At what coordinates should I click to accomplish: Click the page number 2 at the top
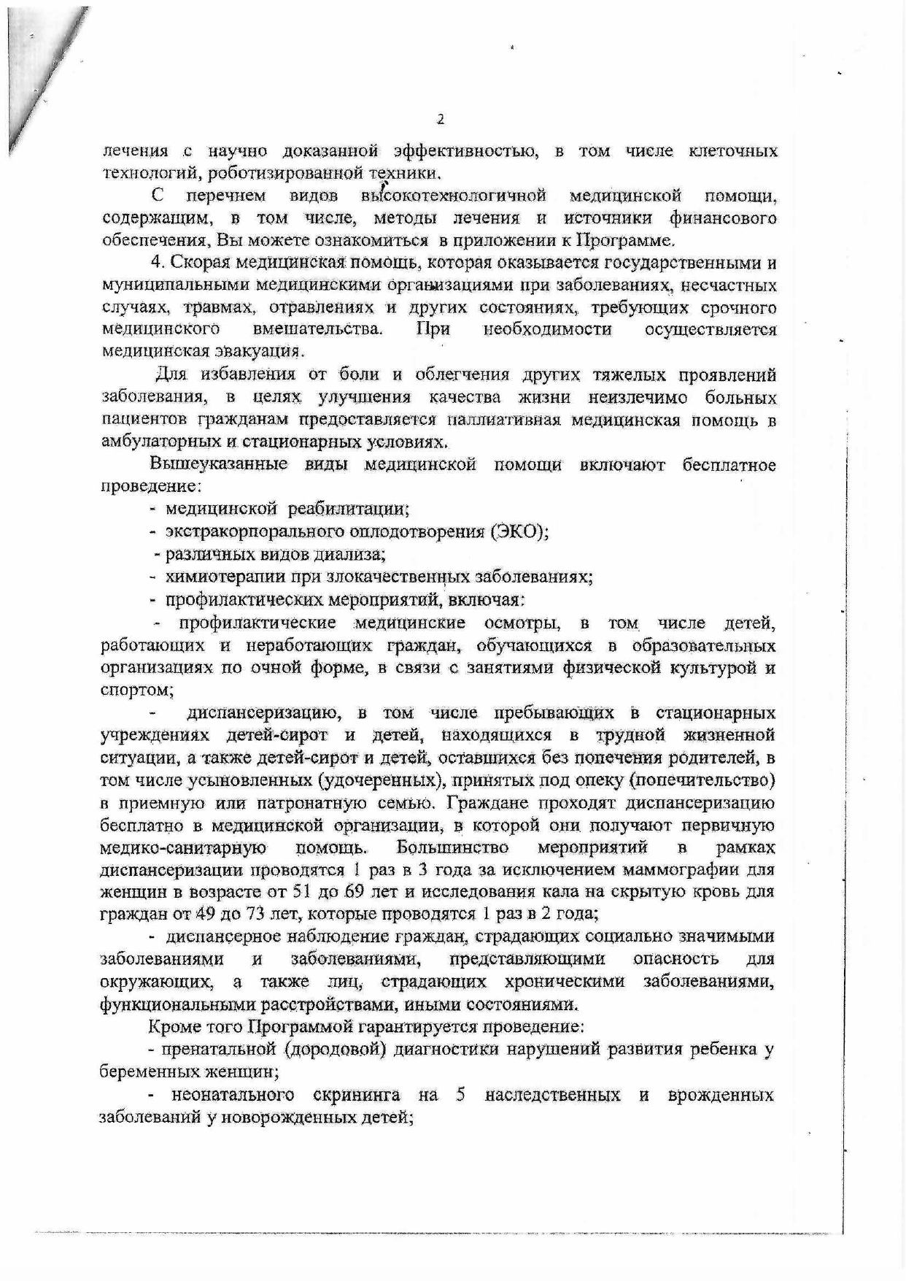(439, 120)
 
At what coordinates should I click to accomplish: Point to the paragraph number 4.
(155, 263)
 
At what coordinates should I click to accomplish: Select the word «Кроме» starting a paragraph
(170, 1027)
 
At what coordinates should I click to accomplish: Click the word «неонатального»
(233, 1095)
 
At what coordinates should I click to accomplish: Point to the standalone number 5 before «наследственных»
(460, 1094)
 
